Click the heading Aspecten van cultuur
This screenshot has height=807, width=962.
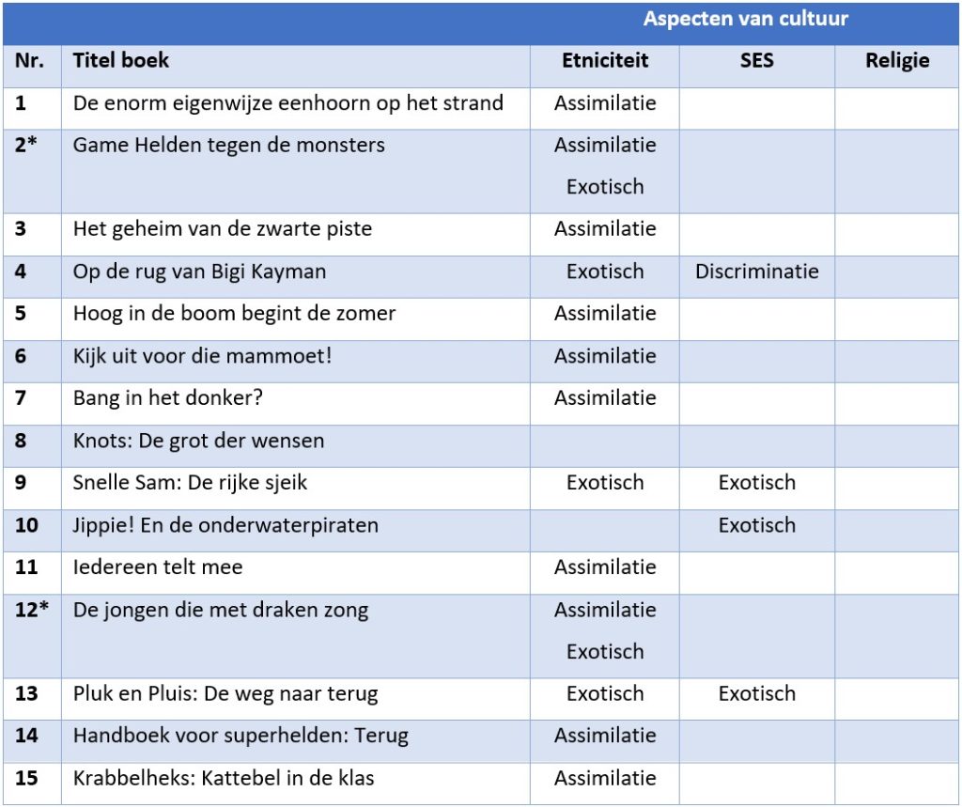(745, 19)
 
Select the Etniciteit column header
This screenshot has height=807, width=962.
(605, 61)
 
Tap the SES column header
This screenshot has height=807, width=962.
(756, 61)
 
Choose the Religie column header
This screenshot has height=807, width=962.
(897, 61)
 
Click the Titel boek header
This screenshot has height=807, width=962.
(121, 61)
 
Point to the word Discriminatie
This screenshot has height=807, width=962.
(756, 272)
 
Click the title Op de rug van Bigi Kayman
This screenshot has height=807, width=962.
(199, 272)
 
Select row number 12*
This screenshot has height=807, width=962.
(31, 610)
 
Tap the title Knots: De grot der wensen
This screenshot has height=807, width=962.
(198, 441)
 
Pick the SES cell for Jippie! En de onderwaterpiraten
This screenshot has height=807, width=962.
(756, 525)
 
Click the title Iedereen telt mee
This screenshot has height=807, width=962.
(158, 567)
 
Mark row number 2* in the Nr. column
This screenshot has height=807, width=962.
(26, 146)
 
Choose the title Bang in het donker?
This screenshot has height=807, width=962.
(168, 398)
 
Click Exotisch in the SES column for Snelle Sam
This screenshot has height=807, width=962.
(756, 483)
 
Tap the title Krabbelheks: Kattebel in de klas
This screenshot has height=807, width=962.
(225, 779)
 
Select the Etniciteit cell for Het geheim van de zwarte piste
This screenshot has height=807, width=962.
(605, 229)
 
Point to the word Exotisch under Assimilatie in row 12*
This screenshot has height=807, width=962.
(605, 652)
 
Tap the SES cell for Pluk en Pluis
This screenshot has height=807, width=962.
(756, 694)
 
